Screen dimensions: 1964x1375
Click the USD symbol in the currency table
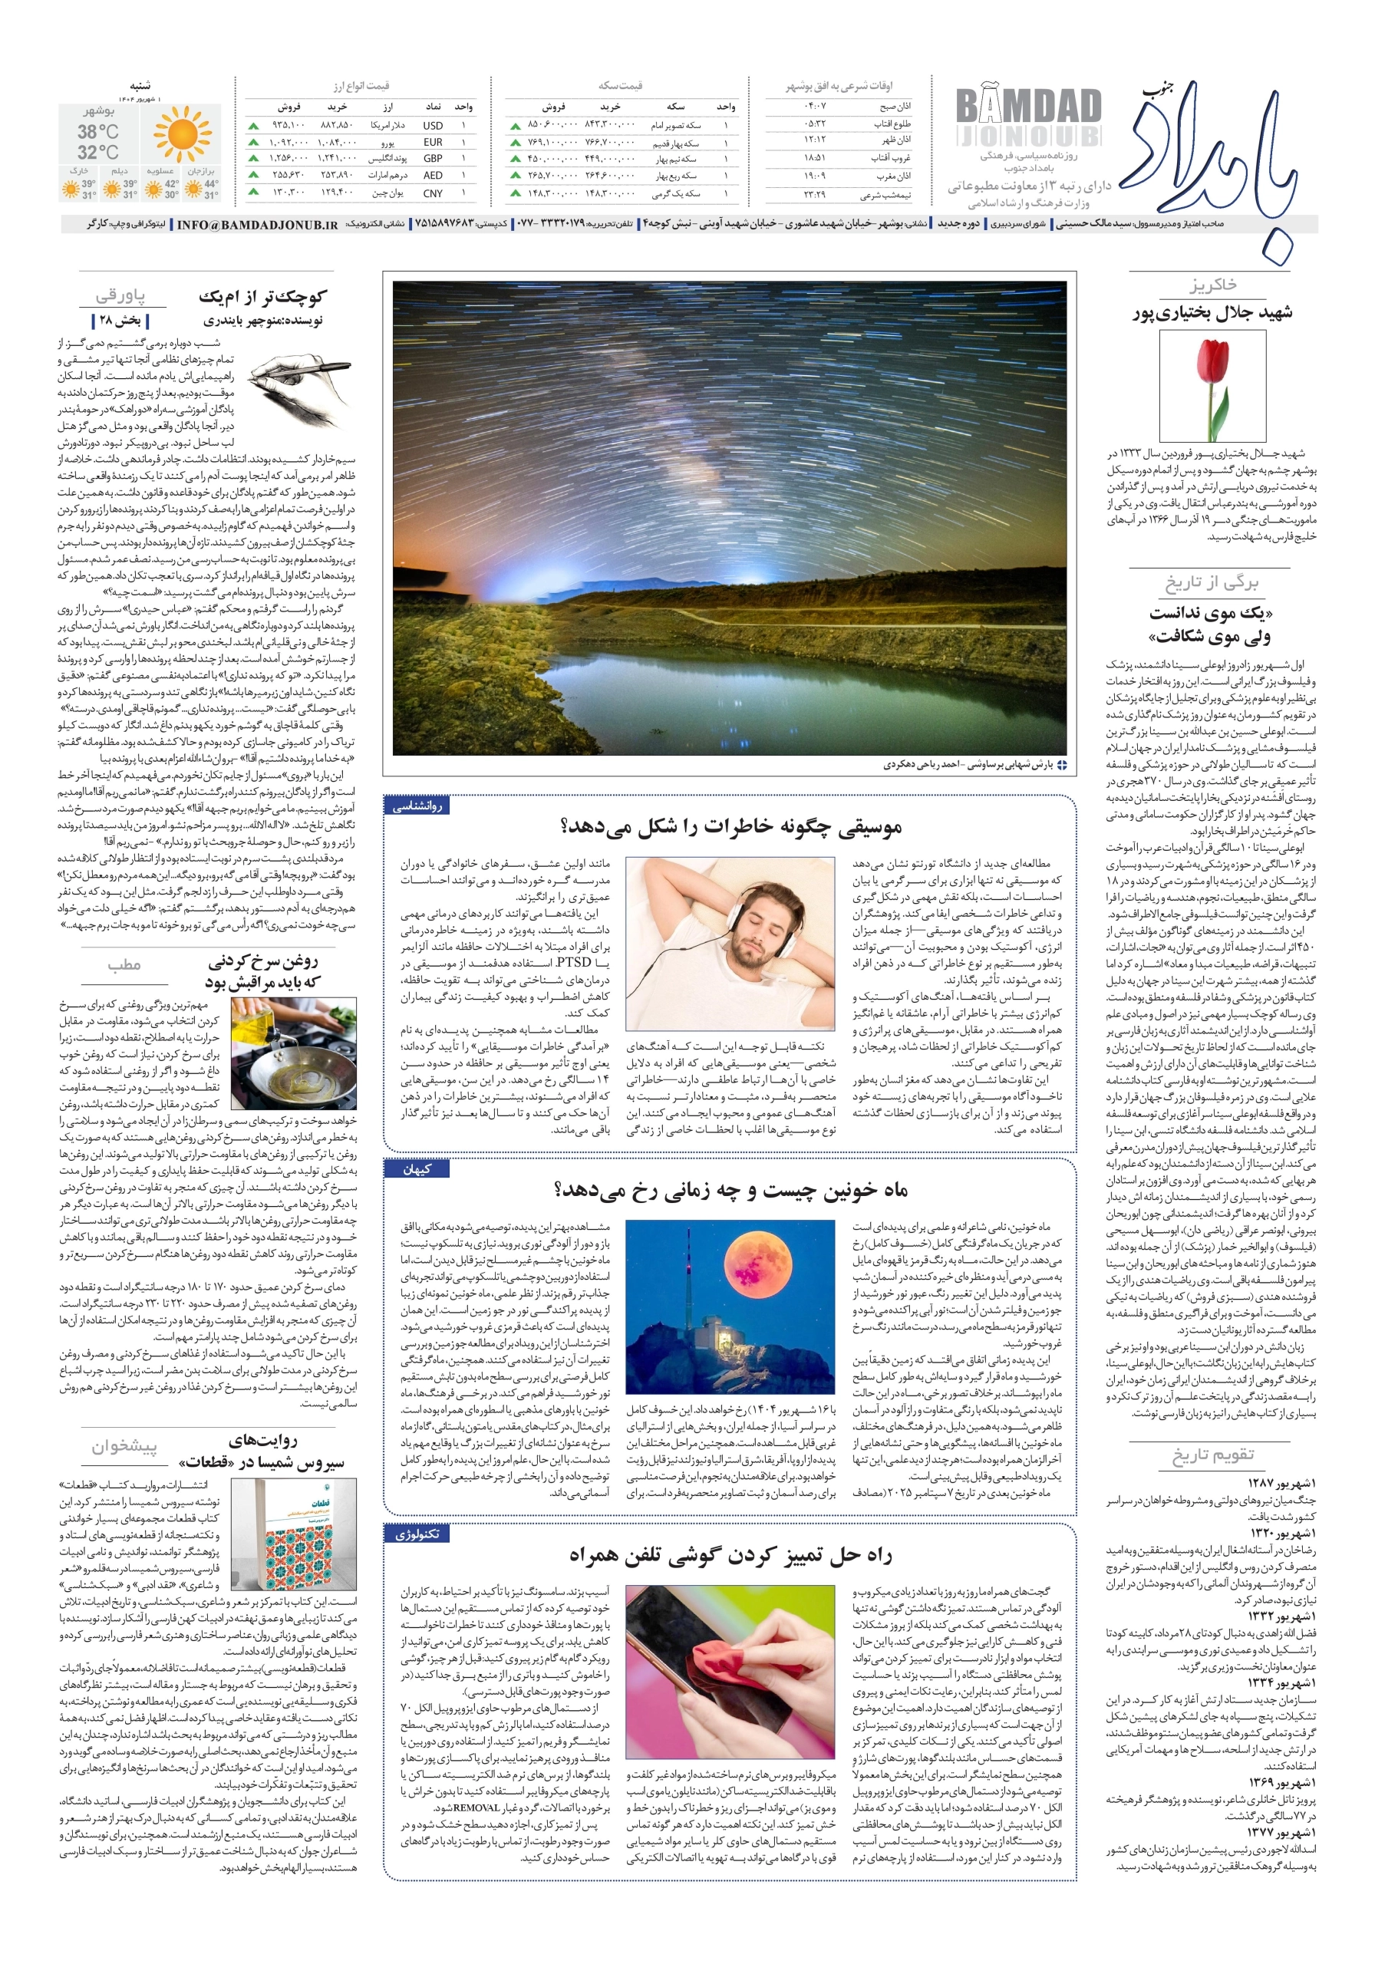point(432,125)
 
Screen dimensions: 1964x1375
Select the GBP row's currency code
point(433,159)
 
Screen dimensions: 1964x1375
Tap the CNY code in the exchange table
point(433,193)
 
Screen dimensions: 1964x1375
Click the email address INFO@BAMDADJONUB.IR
point(257,224)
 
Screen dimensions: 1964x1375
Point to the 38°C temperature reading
point(98,132)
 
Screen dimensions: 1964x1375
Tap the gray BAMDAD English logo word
point(1027,107)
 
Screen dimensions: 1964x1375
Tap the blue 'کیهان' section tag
point(417,1169)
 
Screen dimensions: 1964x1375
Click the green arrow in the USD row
point(253,126)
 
